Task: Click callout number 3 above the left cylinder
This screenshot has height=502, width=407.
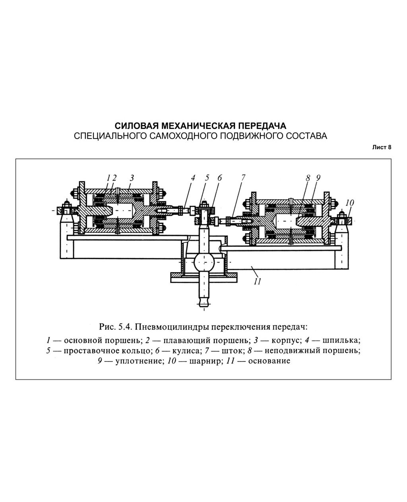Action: click(131, 177)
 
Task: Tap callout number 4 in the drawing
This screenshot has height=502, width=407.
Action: click(193, 178)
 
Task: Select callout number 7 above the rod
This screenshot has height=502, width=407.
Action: click(243, 178)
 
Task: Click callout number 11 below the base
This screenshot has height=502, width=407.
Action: click(257, 281)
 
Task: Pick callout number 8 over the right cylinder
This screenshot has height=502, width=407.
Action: click(308, 178)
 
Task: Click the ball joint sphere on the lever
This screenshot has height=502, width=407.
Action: click(204, 262)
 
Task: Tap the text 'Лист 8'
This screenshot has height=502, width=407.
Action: click(382, 147)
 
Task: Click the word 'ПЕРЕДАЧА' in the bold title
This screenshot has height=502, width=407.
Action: click(262, 126)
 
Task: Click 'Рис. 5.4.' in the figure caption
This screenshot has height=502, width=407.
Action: click(114, 327)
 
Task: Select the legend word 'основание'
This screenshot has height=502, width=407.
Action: click(269, 361)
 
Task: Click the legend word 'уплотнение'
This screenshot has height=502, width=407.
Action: click(135, 361)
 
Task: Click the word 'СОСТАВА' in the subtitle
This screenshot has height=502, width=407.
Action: click(306, 136)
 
